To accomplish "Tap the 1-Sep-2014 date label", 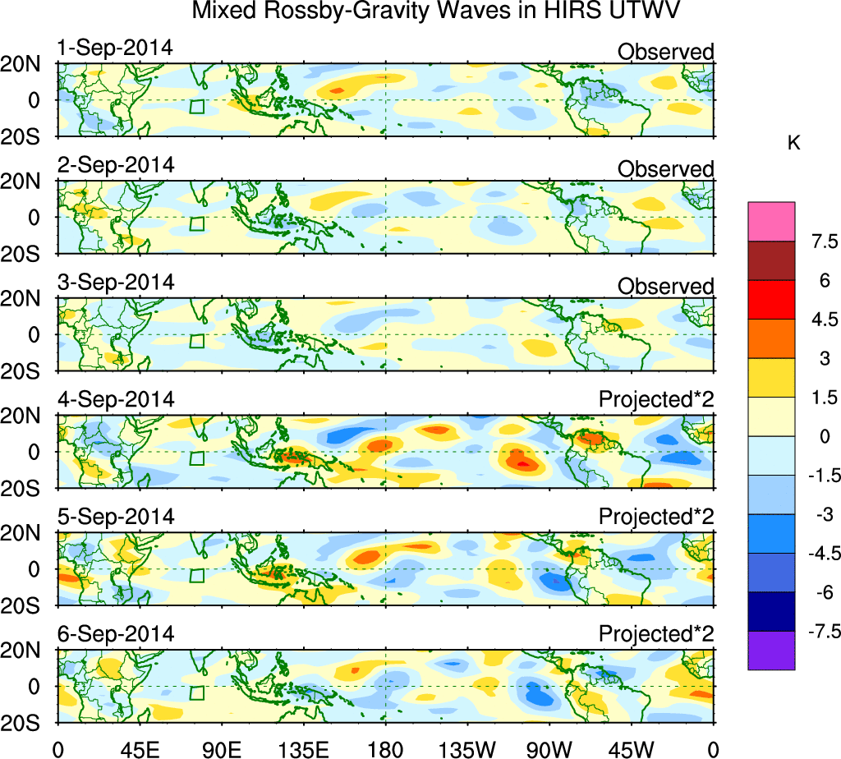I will click(115, 48).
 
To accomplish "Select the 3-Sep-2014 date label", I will click(116, 282).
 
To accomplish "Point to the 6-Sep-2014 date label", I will click(116, 634).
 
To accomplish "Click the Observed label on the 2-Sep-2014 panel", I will click(665, 169).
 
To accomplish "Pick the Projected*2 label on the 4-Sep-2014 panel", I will click(656, 400).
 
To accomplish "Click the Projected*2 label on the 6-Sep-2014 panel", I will click(656, 634).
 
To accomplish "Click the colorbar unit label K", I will click(793, 143).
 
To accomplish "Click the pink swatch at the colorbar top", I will click(771, 221).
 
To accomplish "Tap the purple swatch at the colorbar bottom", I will click(771, 651).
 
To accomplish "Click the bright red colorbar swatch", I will click(771, 300).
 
